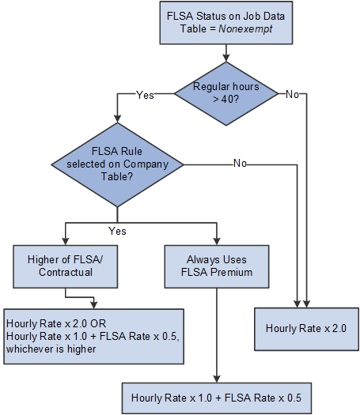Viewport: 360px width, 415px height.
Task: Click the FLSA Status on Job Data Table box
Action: pyautogui.click(x=227, y=25)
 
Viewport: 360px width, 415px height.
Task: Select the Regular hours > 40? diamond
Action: pyautogui.click(x=227, y=94)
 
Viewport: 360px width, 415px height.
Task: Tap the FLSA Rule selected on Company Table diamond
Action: pyautogui.click(x=118, y=164)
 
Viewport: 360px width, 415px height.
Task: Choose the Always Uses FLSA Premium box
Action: pyautogui.click(x=216, y=266)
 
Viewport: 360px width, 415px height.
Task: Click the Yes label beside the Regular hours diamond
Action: pyautogui.click(x=145, y=95)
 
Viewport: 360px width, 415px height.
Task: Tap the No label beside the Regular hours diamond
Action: pyautogui.click(x=292, y=95)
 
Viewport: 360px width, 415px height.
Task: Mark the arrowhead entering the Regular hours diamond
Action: pyautogui.click(x=227, y=58)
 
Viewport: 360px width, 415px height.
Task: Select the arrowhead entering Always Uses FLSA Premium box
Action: pyautogui.click(x=216, y=242)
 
